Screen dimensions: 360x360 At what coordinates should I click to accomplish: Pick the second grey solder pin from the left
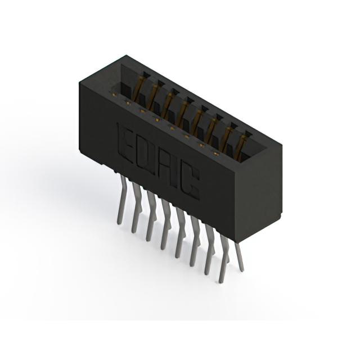tap(136, 208)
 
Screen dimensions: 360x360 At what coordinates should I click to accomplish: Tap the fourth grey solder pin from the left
tap(166, 224)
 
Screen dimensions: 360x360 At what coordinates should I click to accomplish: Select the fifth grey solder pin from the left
tap(180, 232)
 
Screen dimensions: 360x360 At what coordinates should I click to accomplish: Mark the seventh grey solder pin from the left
tap(210, 250)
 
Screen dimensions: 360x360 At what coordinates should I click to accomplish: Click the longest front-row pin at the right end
tap(224, 258)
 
